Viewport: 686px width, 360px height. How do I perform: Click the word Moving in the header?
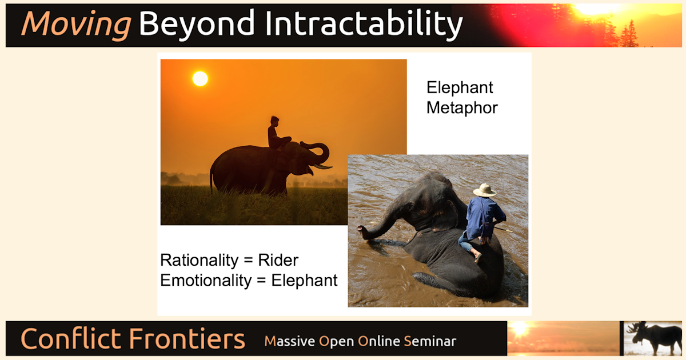pos(75,25)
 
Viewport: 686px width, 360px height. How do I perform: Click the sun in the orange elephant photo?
pos(200,78)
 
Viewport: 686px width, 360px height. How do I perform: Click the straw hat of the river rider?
pos(485,190)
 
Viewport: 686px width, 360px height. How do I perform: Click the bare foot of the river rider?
pos(477,258)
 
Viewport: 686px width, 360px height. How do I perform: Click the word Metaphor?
pos(462,107)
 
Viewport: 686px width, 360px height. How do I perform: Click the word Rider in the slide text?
pos(278,261)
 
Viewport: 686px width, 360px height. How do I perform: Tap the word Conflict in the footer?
pos(70,339)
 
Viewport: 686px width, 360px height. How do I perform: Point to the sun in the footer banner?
pos(520,329)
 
